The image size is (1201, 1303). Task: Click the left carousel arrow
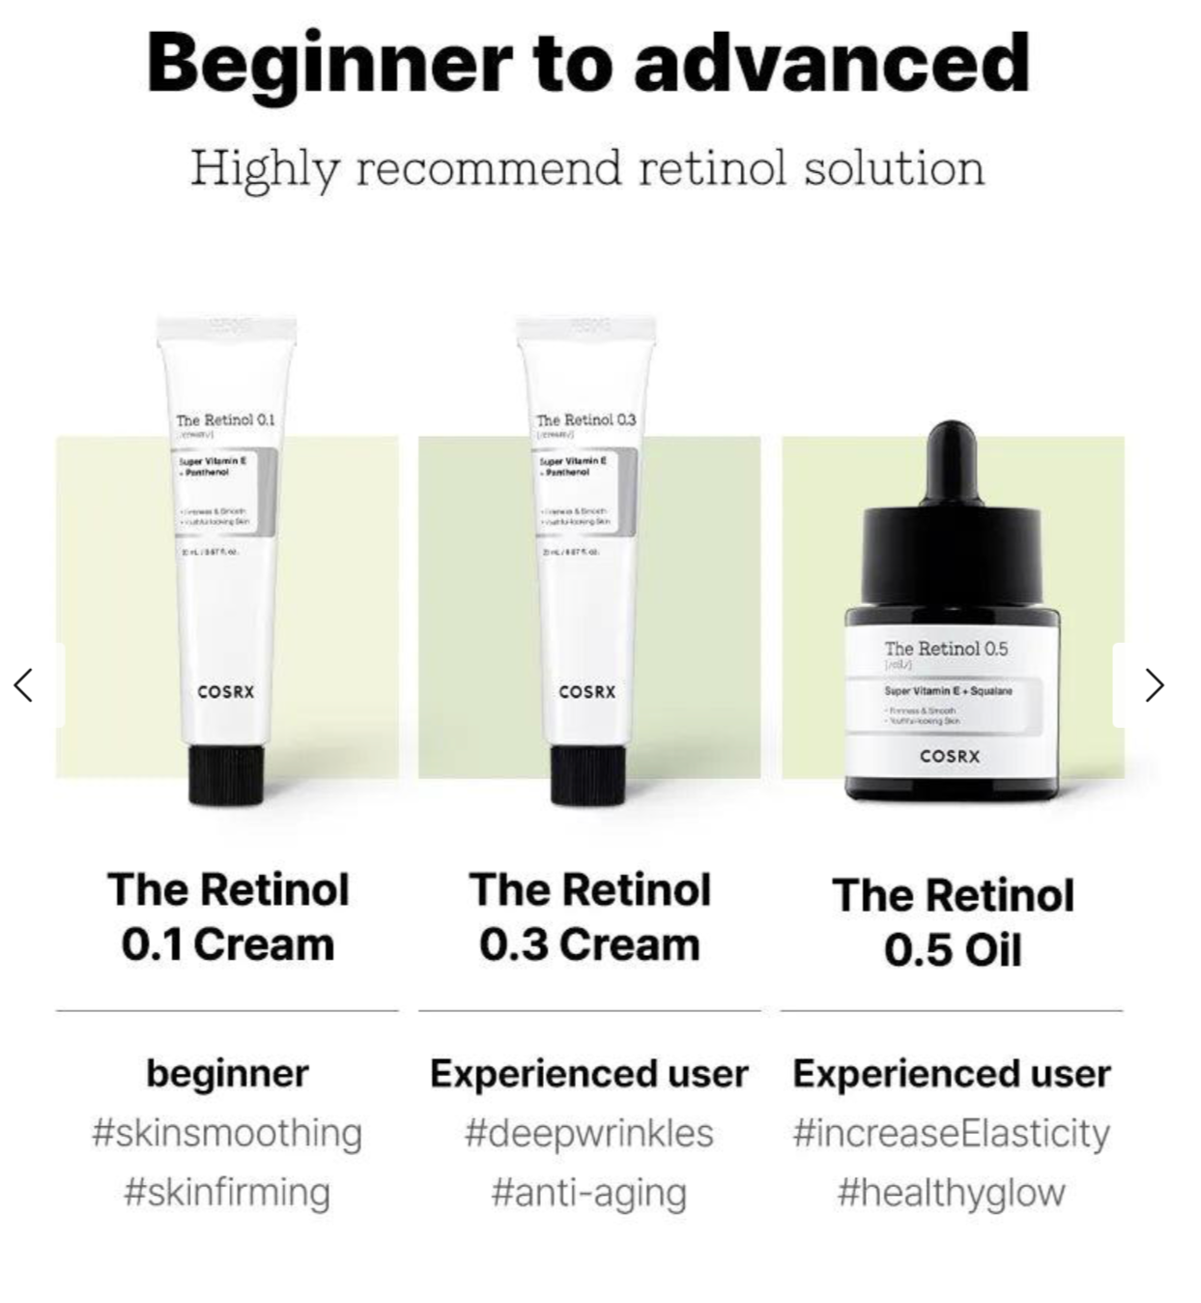(x=24, y=685)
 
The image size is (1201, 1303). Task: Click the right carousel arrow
(x=1154, y=685)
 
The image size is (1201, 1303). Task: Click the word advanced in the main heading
(x=832, y=64)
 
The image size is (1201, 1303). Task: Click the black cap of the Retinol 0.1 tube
(x=226, y=774)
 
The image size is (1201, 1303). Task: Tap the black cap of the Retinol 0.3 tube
(x=587, y=774)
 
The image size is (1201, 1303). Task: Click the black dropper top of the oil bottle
(x=952, y=522)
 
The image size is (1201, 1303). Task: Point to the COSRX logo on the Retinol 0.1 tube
(x=226, y=692)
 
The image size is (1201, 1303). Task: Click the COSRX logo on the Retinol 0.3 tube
(x=587, y=692)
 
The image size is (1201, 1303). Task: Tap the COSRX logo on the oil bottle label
(x=950, y=757)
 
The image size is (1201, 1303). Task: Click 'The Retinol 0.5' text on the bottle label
(x=946, y=649)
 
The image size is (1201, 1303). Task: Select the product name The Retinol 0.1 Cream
(x=228, y=916)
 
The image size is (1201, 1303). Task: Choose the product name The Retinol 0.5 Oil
(x=953, y=922)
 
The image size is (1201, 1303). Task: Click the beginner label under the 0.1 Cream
(x=228, y=1073)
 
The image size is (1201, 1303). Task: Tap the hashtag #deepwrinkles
(x=588, y=1133)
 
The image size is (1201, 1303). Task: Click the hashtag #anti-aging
(x=588, y=1193)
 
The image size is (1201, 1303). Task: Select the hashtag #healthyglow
(x=952, y=1193)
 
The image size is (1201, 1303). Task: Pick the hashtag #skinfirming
(x=227, y=1193)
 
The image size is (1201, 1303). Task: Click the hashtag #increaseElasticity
(x=952, y=1133)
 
